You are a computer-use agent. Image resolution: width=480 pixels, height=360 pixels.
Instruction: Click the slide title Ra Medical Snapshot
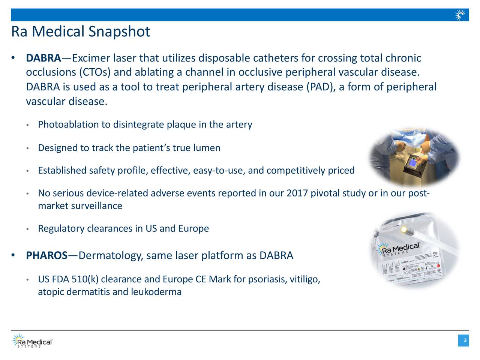81,31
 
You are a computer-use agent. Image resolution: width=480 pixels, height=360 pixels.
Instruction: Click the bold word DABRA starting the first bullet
43,58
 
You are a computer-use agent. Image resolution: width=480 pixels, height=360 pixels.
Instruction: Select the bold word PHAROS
46,256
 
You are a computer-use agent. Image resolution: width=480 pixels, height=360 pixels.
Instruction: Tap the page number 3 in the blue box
465,340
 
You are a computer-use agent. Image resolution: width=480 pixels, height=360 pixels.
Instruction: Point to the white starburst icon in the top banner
460,15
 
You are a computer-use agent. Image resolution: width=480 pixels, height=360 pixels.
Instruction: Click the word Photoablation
69,124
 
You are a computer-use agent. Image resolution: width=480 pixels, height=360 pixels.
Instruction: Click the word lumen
207,148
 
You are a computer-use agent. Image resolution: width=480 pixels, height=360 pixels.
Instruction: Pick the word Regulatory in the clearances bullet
61,229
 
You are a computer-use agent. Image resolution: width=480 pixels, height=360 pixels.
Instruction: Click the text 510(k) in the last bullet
85,280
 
